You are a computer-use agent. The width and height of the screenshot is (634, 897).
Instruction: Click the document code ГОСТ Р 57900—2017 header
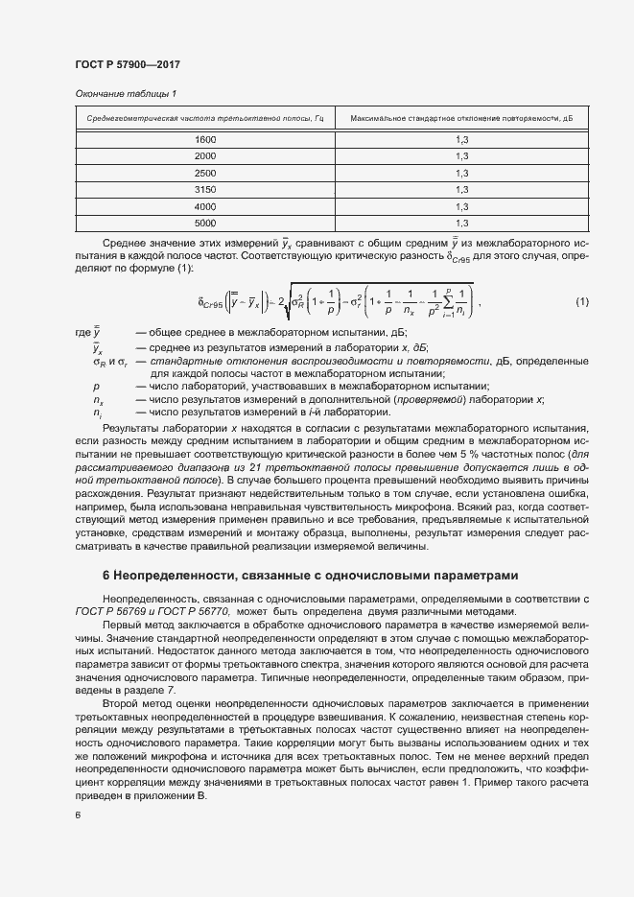(x=127, y=63)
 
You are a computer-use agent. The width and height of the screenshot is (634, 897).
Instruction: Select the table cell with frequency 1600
(x=205, y=140)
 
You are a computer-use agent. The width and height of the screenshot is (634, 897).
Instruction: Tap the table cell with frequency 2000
(x=205, y=156)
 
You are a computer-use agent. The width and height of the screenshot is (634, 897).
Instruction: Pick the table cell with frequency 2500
(x=205, y=173)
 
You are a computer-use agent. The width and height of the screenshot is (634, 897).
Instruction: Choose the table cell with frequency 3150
(x=205, y=190)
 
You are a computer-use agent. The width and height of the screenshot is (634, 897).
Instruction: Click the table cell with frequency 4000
(x=205, y=206)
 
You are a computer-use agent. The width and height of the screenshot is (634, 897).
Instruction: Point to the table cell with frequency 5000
(x=205, y=223)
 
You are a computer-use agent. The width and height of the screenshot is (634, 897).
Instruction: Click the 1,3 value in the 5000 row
(x=461, y=223)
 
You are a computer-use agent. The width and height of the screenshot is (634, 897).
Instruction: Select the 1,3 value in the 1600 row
(x=461, y=140)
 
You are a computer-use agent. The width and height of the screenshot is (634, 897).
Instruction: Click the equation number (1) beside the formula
(x=581, y=303)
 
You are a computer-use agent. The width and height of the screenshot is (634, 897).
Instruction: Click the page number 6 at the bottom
(x=77, y=814)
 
